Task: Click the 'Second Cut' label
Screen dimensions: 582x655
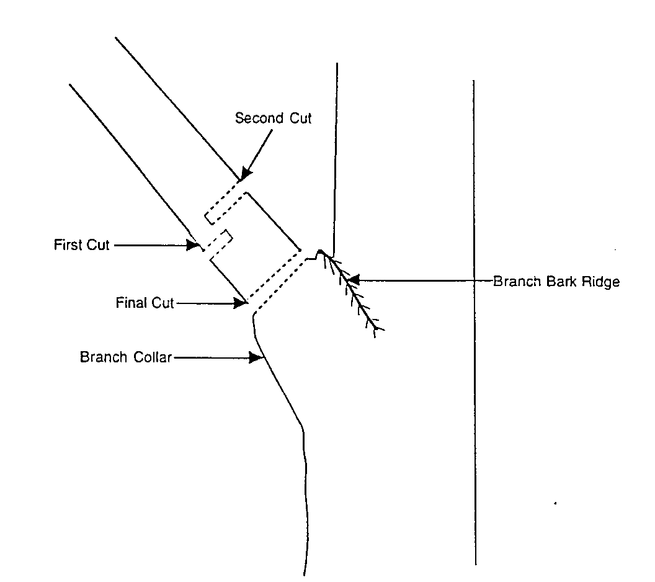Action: point(273,118)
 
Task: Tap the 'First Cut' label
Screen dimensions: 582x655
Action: point(81,245)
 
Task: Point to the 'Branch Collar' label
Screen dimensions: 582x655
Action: point(125,357)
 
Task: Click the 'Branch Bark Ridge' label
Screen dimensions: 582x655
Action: point(556,281)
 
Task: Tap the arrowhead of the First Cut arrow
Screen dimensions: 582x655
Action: point(193,246)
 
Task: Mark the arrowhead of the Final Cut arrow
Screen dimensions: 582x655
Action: point(241,303)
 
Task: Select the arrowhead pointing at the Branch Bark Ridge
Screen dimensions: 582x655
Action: point(352,281)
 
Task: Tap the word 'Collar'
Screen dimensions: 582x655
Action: point(151,357)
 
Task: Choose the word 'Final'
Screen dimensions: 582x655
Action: point(130,303)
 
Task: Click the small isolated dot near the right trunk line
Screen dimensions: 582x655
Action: point(554,503)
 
